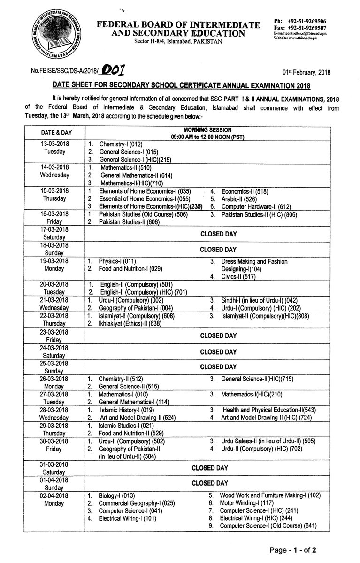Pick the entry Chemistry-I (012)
(x=123, y=145)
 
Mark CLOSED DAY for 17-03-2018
(x=218, y=233)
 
